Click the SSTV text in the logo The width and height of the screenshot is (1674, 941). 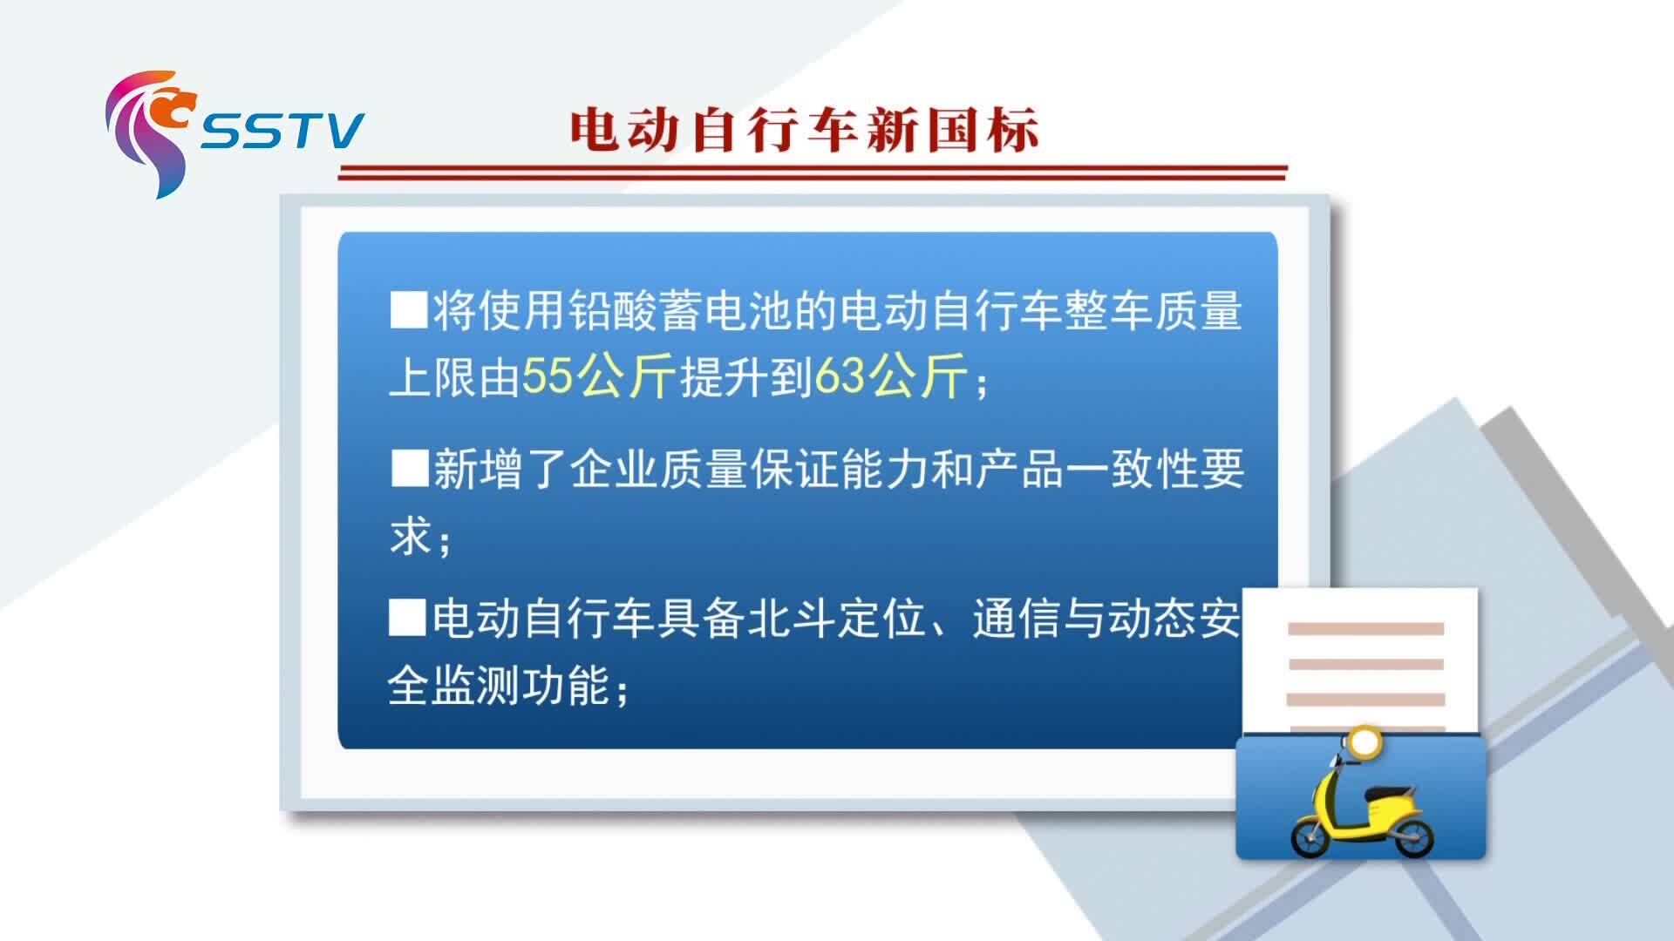coord(282,131)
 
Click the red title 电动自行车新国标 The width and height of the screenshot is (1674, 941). coord(804,131)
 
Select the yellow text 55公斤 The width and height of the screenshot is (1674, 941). coord(598,376)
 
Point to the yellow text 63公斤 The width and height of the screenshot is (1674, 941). coord(890,376)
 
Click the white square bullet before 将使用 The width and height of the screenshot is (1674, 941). coord(408,310)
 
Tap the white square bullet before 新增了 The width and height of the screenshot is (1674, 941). coord(408,468)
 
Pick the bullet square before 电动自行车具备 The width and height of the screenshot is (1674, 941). coord(407,618)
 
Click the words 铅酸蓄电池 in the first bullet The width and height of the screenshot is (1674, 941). coord(680,311)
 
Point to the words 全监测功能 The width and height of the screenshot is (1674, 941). coord(509,686)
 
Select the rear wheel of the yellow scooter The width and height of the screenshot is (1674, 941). coord(1412,835)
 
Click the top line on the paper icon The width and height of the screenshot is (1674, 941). coord(1365,628)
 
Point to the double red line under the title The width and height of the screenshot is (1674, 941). coord(813,172)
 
